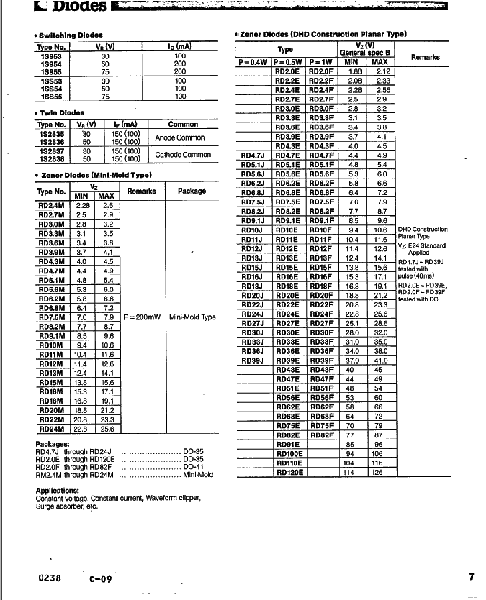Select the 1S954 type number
click(51, 64)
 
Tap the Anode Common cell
click(180, 138)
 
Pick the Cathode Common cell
click(183, 155)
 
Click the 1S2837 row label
click(52, 151)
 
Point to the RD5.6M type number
click(52, 290)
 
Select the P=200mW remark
click(142, 317)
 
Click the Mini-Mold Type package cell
click(192, 317)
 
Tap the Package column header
click(192, 191)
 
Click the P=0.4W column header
click(253, 62)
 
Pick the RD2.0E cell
click(287, 71)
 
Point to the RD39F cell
click(321, 361)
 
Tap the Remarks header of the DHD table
click(425, 57)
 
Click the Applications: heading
click(57, 491)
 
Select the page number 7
click(471, 577)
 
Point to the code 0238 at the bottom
click(49, 578)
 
